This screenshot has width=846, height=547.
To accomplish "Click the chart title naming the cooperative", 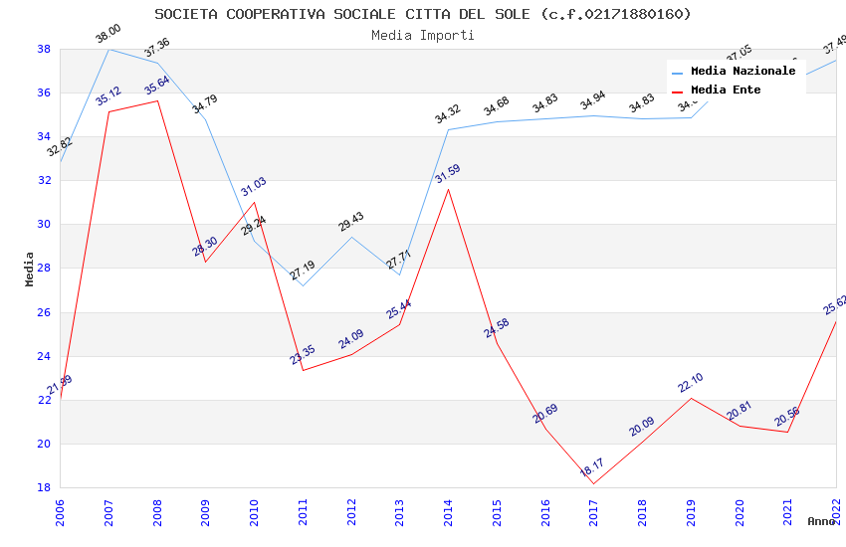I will point(422,14).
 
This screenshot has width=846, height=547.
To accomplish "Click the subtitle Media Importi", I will point(422,35).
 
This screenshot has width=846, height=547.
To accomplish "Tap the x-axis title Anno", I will point(821,521).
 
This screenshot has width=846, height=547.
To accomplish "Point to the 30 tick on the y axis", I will point(44,225).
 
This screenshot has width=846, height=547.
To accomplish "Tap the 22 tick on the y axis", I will point(44,400).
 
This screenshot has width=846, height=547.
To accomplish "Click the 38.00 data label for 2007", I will point(107,36).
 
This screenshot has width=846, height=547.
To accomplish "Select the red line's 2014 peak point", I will point(449,189).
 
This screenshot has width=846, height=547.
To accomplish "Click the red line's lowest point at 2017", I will point(594,484).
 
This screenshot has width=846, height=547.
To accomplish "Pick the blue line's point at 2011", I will point(303,285).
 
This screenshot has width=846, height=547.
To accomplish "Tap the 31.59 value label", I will point(448,174).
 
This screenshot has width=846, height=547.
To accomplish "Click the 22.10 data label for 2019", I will point(690,383).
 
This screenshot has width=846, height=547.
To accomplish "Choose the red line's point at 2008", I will point(157,100).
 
